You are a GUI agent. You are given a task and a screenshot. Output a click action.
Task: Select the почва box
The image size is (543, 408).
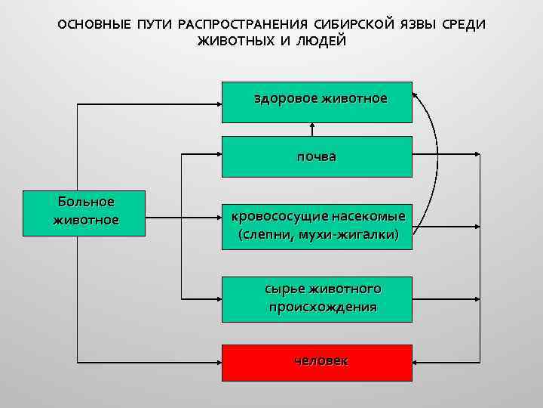click(x=317, y=156)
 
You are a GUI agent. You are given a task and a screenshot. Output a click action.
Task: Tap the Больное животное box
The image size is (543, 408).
click(x=84, y=211)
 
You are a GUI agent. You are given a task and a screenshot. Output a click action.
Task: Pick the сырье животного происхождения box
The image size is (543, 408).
click(x=317, y=298)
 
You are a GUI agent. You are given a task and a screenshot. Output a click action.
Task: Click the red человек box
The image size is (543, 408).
click(x=317, y=362)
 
